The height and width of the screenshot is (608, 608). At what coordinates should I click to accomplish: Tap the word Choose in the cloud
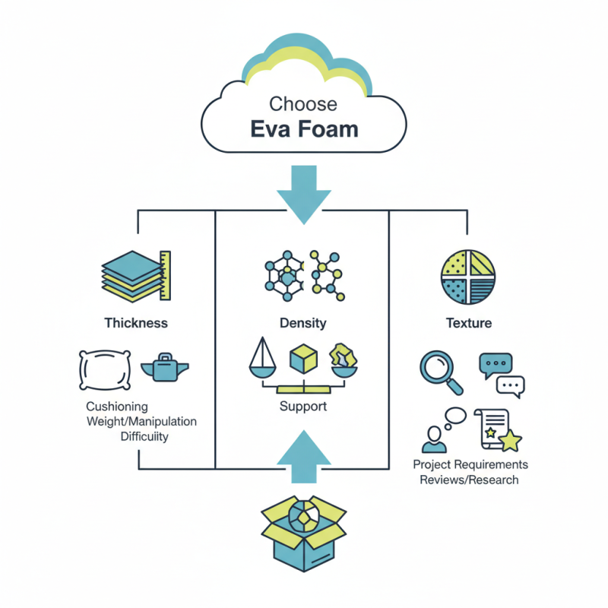click(x=304, y=103)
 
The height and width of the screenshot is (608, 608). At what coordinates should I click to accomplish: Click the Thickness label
click(x=136, y=323)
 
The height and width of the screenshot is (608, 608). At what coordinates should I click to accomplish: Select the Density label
click(x=303, y=323)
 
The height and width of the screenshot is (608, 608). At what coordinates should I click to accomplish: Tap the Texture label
click(x=468, y=323)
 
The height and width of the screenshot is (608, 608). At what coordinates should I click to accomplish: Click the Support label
click(x=303, y=407)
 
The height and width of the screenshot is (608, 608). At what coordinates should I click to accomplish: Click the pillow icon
click(x=105, y=369)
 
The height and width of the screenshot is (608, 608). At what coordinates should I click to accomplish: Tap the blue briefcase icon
click(x=165, y=368)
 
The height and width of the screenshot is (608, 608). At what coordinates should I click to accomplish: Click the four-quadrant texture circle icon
click(x=468, y=275)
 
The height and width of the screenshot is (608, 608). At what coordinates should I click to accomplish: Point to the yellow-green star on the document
click(x=509, y=441)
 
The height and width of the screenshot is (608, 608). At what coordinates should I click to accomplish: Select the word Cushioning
click(x=117, y=407)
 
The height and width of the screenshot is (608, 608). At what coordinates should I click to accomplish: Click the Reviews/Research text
click(x=470, y=480)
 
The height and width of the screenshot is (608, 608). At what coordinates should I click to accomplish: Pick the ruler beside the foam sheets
click(x=165, y=275)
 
